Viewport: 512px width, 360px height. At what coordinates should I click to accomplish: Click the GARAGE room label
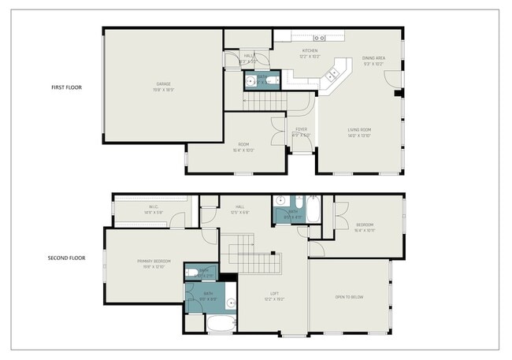(x=163, y=84)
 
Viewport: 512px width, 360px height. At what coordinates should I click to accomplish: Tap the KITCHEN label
(x=309, y=50)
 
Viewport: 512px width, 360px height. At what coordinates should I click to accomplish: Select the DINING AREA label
(x=373, y=58)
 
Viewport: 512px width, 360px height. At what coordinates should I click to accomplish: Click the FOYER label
(x=302, y=129)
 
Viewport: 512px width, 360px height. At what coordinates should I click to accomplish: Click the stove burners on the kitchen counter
(x=320, y=38)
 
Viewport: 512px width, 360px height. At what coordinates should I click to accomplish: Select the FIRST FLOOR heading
(x=67, y=87)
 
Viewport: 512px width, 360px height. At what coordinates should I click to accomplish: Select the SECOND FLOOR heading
(x=67, y=258)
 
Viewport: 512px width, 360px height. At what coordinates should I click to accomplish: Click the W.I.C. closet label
(x=148, y=208)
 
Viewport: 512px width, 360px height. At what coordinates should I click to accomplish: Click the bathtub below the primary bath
(x=220, y=323)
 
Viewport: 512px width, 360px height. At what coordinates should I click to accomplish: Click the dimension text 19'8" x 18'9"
(x=163, y=90)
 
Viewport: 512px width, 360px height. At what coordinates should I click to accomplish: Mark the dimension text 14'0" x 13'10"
(x=359, y=135)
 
